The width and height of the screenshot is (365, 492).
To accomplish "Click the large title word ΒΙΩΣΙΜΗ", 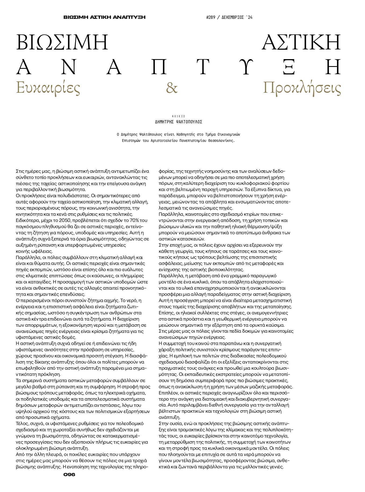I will (62, 42).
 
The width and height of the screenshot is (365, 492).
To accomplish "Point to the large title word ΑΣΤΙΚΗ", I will (301, 42).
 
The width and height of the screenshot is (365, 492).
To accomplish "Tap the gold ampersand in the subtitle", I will (172, 88).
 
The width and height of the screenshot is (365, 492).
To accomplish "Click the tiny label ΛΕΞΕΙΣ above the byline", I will (179, 116).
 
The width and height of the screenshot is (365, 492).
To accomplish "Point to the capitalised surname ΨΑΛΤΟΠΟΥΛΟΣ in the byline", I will (189, 122).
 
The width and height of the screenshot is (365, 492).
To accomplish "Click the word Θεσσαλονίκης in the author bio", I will (222, 140).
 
